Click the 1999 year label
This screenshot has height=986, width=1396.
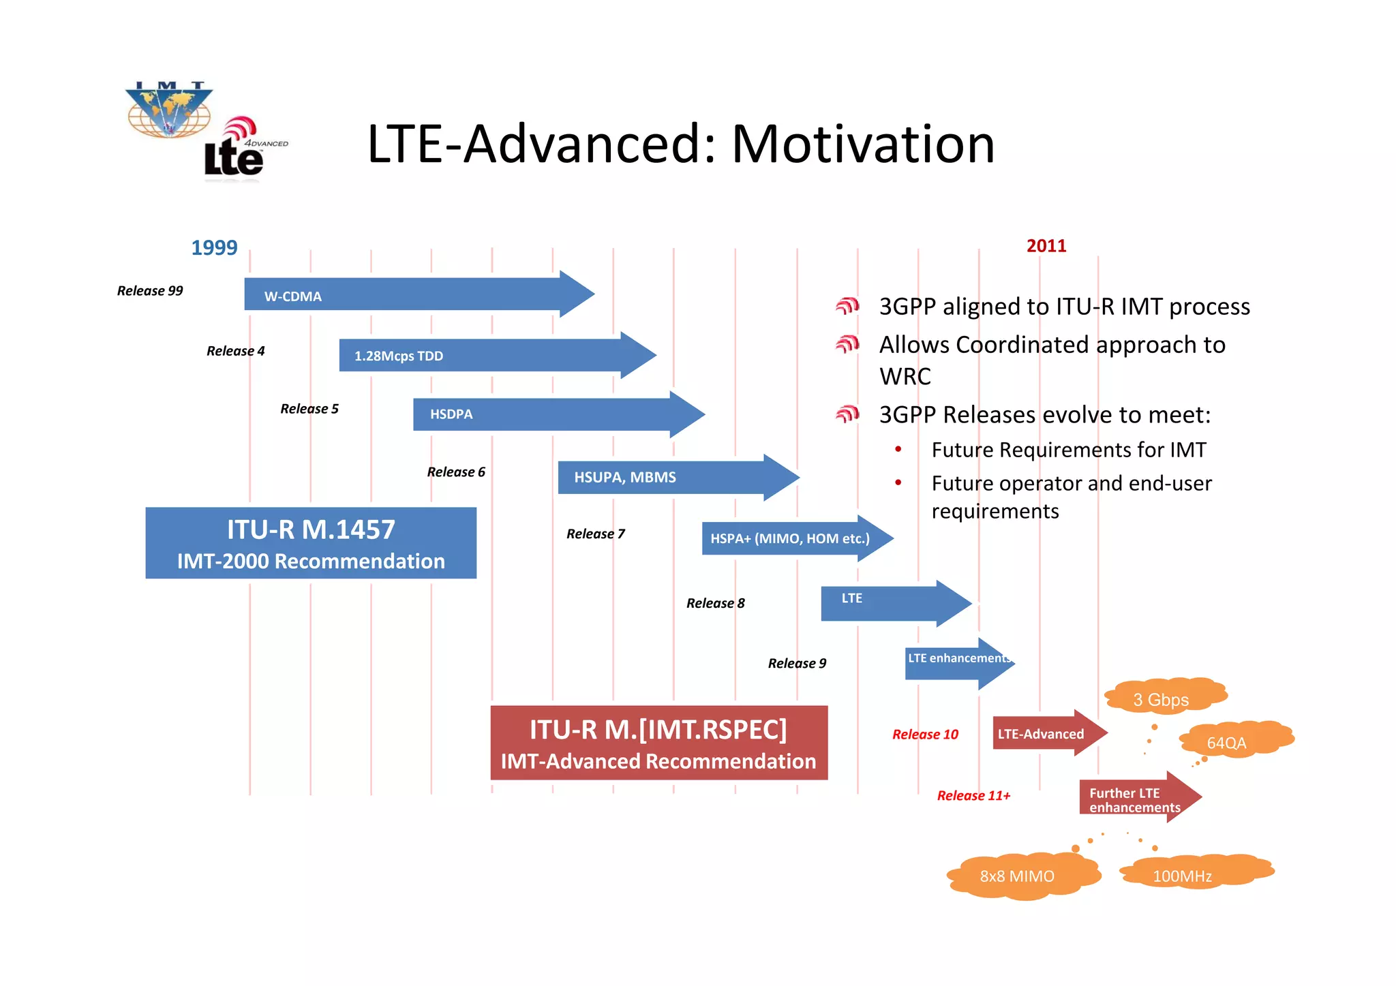[x=214, y=247]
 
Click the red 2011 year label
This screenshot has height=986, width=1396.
[x=1046, y=246]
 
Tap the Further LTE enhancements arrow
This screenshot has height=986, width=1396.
[x=1135, y=798]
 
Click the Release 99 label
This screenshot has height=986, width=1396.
[x=150, y=291]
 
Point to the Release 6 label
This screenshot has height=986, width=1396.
[x=456, y=472]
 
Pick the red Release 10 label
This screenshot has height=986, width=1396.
[x=925, y=735]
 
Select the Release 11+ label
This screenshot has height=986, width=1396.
[x=973, y=796]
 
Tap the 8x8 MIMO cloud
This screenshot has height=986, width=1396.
[x=1020, y=876]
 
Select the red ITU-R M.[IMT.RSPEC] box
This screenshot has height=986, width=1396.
[x=658, y=743]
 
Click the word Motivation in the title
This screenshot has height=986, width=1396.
[x=863, y=144]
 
